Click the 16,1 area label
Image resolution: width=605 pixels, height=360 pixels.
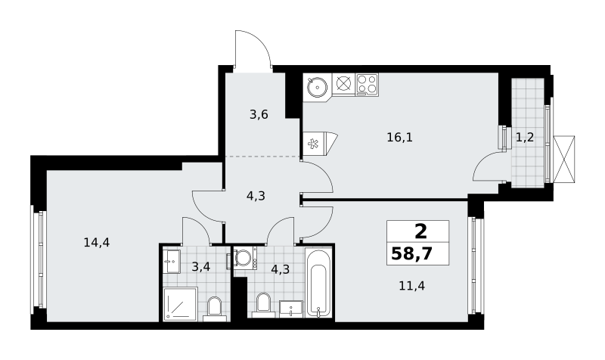tap(400, 138)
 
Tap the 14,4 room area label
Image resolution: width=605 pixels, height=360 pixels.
tap(97, 243)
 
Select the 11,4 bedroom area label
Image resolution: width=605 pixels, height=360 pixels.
tap(411, 286)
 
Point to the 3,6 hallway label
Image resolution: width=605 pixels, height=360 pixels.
tap(259, 115)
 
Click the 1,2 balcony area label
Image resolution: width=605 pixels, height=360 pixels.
tap(525, 137)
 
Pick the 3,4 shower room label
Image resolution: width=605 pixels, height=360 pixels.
tap(201, 266)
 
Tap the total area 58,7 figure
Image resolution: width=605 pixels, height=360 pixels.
tap(411, 254)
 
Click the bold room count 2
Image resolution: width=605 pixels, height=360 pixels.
tap(420, 231)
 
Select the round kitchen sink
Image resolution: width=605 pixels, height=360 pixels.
tap(317, 87)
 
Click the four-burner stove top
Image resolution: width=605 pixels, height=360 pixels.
tap(367, 85)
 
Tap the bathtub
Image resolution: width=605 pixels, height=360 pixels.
tap(318, 283)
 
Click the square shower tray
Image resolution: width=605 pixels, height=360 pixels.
tap(180, 304)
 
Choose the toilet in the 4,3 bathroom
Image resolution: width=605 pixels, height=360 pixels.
tap(264, 305)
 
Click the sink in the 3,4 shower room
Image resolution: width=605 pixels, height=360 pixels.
tap(172, 261)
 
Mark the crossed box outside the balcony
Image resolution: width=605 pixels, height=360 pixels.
tap(563, 159)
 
